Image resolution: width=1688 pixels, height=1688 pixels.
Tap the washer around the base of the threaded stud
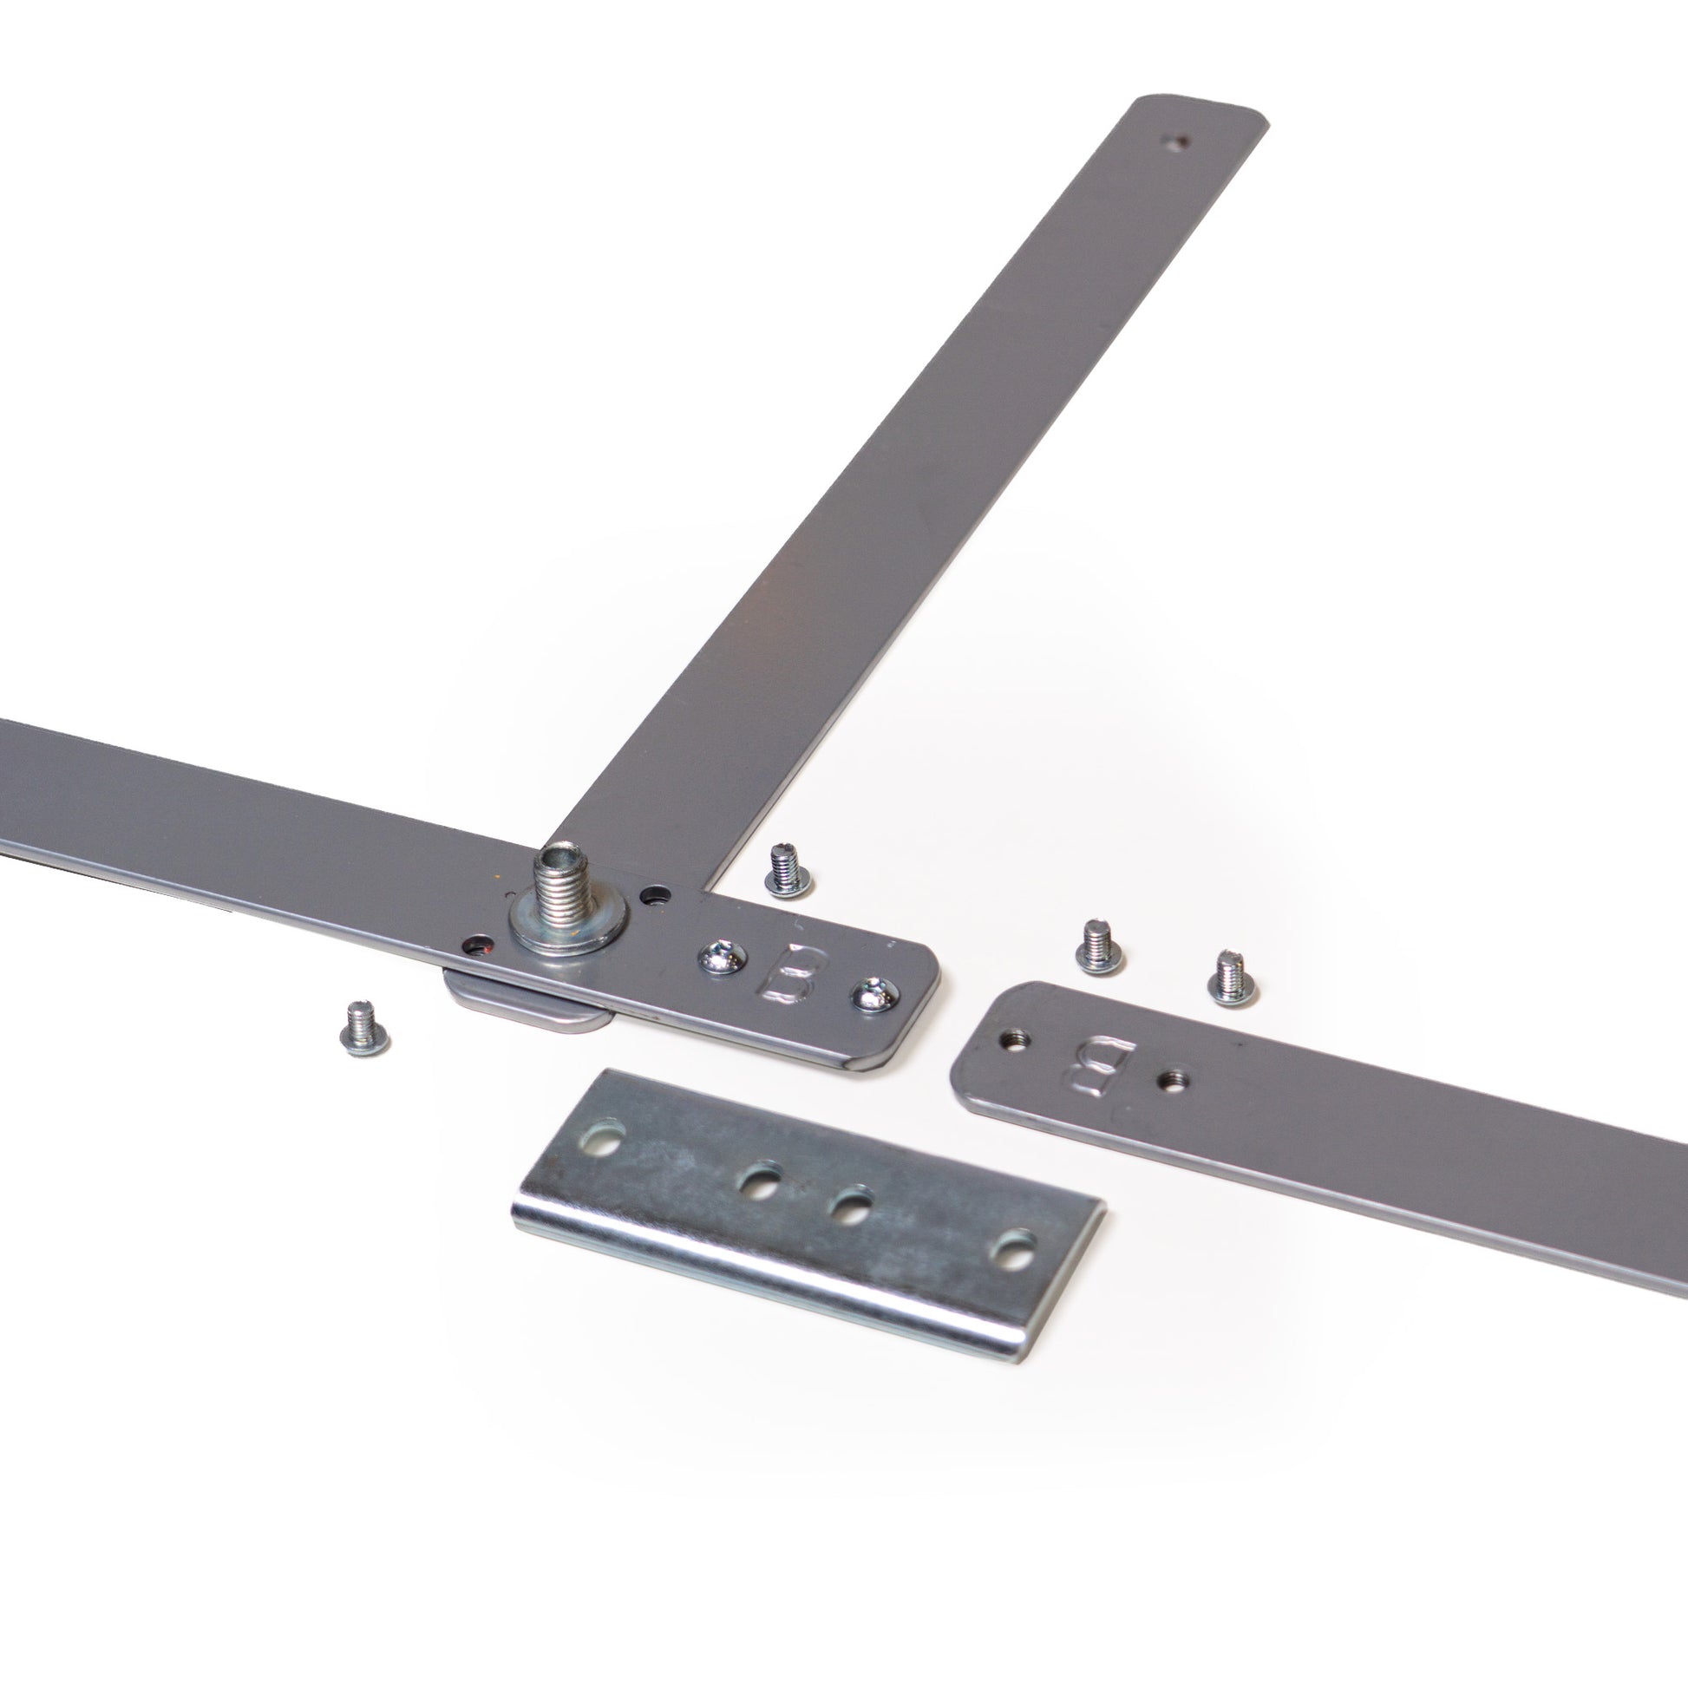(x=568, y=928)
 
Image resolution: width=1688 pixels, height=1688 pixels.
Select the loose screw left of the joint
(x=364, y=1030)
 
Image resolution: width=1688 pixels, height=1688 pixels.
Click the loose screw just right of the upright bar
(x=788, y=871)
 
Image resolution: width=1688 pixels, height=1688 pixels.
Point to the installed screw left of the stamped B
(x=722, y=961)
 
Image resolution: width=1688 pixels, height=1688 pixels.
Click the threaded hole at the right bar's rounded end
(x=1014, y=1039)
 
